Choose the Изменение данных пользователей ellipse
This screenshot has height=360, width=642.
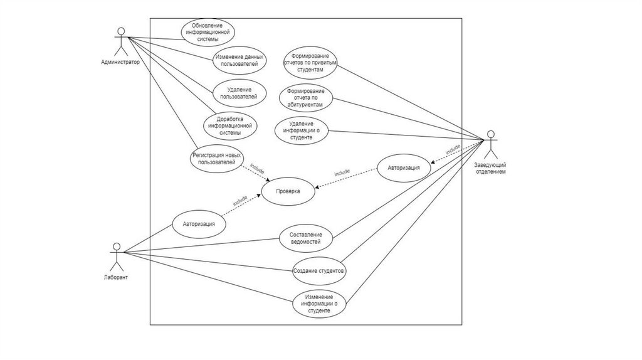coord(239,61)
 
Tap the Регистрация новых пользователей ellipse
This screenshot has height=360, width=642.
coord(216,159)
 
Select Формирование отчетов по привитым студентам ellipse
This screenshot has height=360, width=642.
coord(310,63)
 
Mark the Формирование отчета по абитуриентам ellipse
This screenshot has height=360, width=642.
coord(305,98)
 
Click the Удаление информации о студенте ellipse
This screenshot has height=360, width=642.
coord(302,130)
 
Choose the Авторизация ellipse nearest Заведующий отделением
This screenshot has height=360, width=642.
coord(404,168)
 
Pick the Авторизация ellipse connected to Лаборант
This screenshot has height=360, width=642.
coord(199,223)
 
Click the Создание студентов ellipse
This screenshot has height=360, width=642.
coord(319,271)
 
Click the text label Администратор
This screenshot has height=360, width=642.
coord(120,63)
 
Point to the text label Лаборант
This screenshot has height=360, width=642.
coord(115,277)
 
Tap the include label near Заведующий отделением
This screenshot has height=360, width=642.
coord(453,150)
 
